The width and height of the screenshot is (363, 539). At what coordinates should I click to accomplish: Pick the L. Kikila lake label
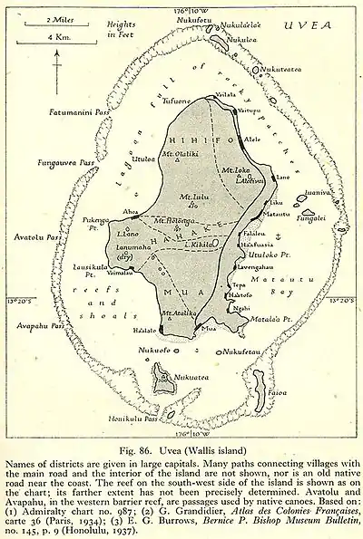[x=200, y=245]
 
